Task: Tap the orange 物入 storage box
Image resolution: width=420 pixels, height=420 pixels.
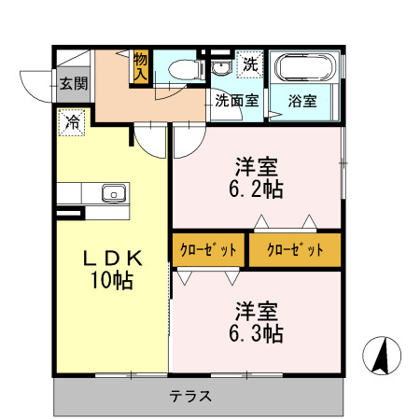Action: tap(141, 65)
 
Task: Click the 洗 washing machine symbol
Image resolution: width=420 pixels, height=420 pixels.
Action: tap(249, 64)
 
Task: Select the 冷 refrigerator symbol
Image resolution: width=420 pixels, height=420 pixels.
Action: tap(71, 120)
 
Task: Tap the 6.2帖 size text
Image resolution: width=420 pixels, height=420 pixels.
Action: tap(258, 189)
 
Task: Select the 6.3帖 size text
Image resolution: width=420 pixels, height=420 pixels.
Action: tap(258, 332)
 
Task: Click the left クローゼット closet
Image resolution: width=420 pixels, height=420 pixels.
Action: tap(206, 249)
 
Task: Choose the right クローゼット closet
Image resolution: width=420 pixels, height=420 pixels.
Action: tap(295, 249)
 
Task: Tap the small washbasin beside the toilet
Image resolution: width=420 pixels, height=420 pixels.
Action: tap(220, 68)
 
